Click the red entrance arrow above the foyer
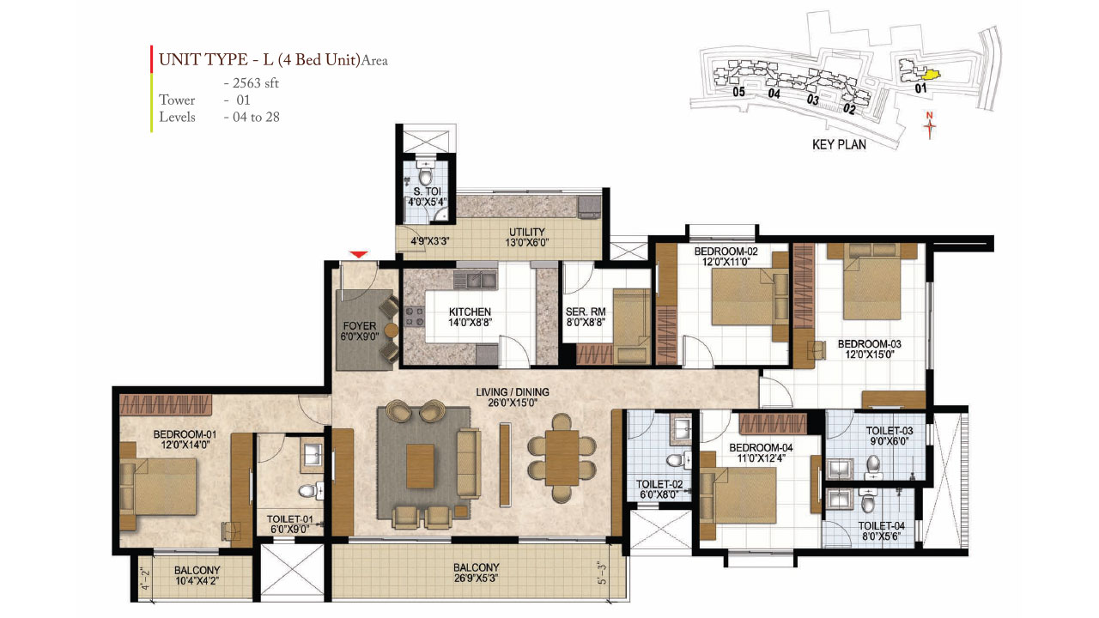(360, 254)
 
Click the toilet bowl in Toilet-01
(307, 492)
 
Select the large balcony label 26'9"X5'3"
(477, 573)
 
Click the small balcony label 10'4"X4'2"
(197, 576)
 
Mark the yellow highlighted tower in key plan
(927, 76)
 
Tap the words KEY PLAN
(839, 145)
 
